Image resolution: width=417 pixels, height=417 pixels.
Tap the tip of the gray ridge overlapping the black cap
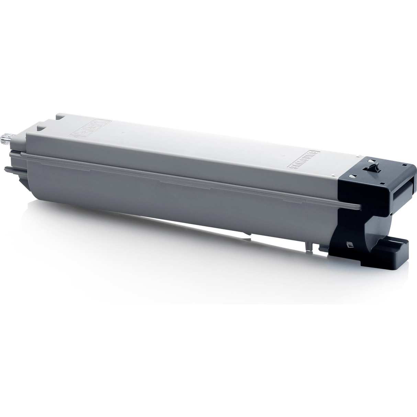click(x=359, y=207)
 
